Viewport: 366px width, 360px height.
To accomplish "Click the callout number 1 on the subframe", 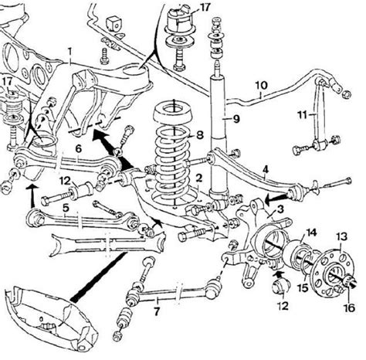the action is (x=69, y=53).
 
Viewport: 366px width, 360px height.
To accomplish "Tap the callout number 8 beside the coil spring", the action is (x=200, y=135).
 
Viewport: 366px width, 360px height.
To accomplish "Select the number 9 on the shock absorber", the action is (x=236, y=119).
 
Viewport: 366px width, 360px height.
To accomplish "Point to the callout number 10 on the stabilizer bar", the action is (x=262, y=85).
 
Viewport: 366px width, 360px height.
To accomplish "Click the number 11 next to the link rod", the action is (x=302, y=114).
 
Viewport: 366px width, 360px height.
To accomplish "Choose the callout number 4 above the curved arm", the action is (x=266, y=169).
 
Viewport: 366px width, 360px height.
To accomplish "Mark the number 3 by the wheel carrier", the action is (x=280, y=209).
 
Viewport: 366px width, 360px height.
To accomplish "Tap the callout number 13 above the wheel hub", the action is (x=342, y=236).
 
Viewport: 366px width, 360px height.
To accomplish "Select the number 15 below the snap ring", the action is (x=303, y=287).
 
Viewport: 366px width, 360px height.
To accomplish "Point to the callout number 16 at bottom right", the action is (x=349, y=307).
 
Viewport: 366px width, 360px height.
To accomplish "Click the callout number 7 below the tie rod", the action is (x=157, y=311).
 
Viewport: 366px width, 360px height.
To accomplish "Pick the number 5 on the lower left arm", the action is (x=66, y=208).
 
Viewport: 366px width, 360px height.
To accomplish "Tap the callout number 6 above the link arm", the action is (x=78, y=148).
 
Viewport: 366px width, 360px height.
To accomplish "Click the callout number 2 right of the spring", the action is (x=198, y=178).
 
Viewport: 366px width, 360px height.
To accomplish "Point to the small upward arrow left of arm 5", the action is (x=32, y=195).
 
